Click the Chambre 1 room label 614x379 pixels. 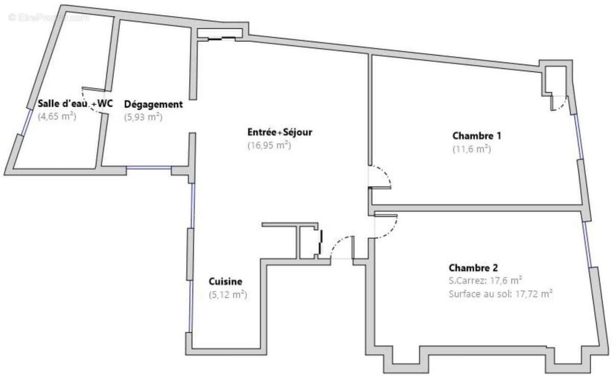coord(476,136)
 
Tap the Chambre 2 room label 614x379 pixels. coord(473,268)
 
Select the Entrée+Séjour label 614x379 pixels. coord(279,132)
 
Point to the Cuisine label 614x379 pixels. coord(225,281)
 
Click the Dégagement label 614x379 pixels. coord(153,104)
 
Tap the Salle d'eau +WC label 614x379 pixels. coord(75,104)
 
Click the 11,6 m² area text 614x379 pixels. coord(471,149)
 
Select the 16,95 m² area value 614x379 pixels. coord(269,146)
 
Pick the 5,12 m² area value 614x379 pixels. coord(228,295)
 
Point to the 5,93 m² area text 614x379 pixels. coord(143,117)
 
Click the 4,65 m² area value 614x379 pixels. coord(57,116)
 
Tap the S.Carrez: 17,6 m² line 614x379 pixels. coord(485,280)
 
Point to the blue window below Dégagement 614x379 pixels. coord(148,168)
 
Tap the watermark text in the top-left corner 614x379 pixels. coord(49,17)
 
